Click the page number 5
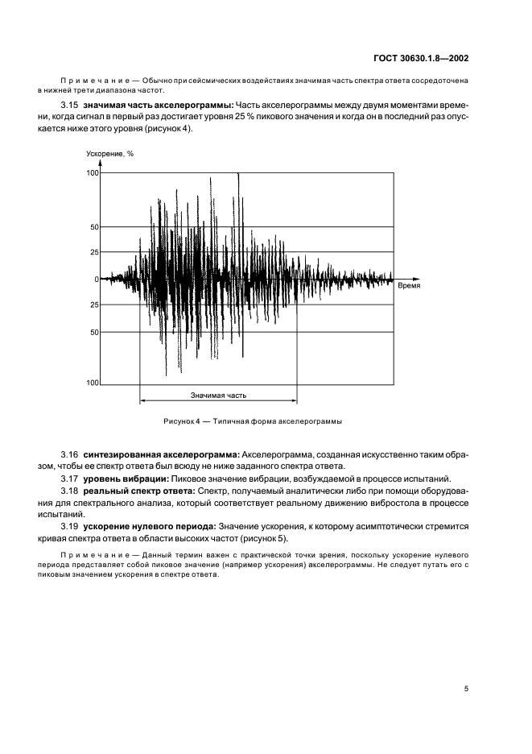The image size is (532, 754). [467, 688]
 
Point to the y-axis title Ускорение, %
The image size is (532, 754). [110, 154]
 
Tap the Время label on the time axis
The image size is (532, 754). [409, 285]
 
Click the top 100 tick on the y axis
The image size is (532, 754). [93, 173]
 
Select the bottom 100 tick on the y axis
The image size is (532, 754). [93, 383]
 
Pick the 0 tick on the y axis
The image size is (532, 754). [96, 280]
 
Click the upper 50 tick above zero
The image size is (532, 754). [94, 227]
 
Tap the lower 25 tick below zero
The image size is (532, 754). [94, 305]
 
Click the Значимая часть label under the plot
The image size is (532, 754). [218, 396]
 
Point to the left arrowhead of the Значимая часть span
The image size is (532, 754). [142, 401]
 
